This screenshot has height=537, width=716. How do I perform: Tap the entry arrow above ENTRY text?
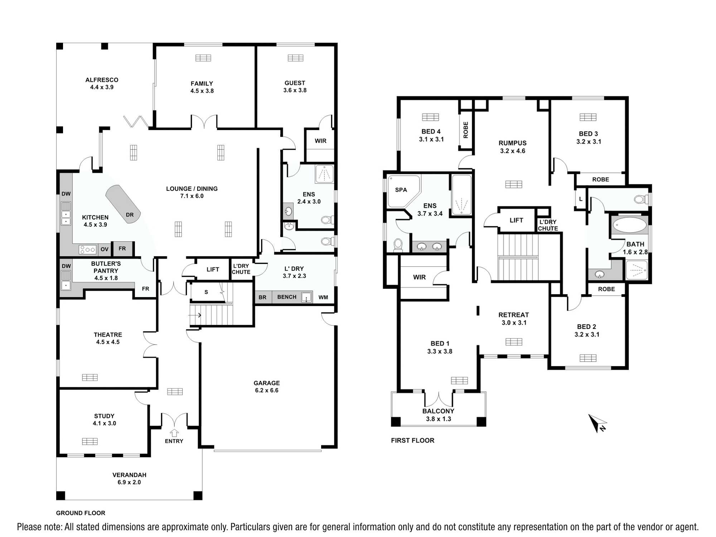click(x=174, y=433)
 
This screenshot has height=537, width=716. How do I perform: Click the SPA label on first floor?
click(x=401, y=190)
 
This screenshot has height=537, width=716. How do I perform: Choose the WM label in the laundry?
click(x=323, y=297)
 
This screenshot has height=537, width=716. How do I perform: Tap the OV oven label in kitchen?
click(x=105, y=249)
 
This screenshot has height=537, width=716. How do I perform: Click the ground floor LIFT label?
click(x=213, y=270)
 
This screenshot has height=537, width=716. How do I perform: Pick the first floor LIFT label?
click(x=516, y=220)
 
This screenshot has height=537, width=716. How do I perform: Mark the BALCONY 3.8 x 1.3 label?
click(x=438, y=415)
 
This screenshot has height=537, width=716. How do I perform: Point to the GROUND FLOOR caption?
click(x=81, y=513)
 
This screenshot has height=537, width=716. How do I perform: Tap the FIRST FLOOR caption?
click(x=412, y=440)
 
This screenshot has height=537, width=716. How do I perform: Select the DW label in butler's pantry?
click(x=66, y=266)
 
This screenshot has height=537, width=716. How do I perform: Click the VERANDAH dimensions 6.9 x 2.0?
click(x=129, y=482)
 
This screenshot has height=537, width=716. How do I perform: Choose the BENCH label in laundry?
click(x=287, y=297)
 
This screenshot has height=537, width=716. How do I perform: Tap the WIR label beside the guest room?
click(x=320, y=141)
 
